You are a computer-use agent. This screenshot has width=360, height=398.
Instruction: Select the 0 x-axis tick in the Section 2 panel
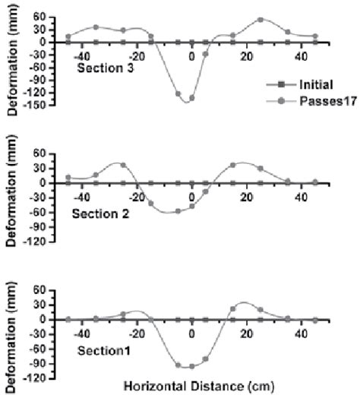tap(192, 196)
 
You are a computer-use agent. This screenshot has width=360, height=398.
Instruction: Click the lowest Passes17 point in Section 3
tap(191, 98)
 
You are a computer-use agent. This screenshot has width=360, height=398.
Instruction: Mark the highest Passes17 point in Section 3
tap(261, 20)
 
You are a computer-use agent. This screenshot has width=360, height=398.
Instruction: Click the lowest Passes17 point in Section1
tap(191, 366)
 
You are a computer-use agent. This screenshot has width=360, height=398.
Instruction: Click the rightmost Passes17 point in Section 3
tap(315, 36)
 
